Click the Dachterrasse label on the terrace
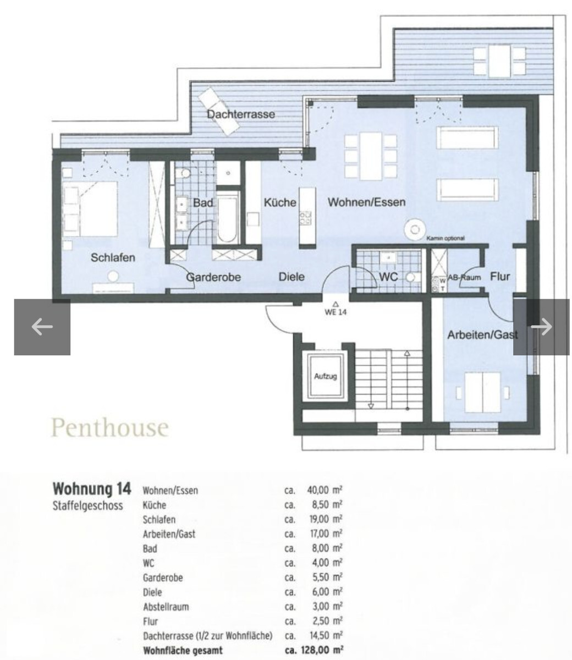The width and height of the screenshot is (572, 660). (241, 114)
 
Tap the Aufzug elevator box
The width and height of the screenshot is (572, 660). (325, 377)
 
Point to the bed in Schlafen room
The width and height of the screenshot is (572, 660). (91, 208)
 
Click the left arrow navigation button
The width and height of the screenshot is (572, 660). (42, 327)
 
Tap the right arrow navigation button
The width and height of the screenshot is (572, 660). (541, 327)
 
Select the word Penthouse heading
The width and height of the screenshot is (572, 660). (109, 427)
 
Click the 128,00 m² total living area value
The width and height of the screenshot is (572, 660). (322, 650)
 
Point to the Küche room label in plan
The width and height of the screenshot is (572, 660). (280, 203)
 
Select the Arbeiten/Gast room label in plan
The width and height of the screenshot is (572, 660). (482, 334)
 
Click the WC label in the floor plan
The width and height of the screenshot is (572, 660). (388, 277)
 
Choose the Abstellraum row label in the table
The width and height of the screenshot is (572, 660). (166, 607)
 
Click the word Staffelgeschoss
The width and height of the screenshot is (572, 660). (87, 505)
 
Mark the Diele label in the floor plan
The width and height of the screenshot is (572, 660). (291, 277)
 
